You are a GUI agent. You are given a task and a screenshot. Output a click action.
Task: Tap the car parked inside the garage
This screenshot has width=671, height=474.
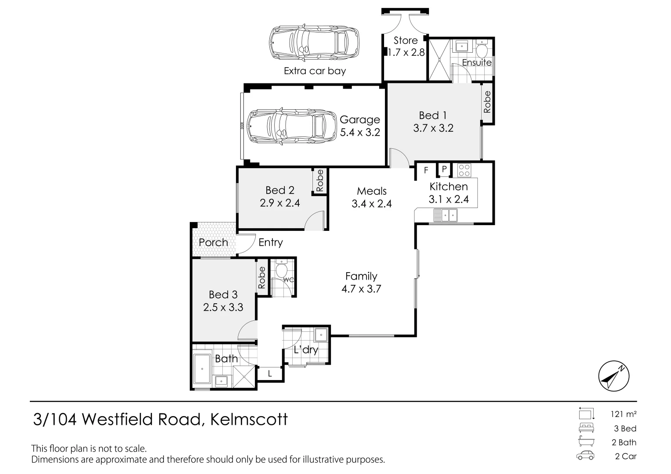click(287, 126)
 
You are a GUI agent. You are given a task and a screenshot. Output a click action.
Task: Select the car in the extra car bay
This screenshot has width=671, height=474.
click(313, 43)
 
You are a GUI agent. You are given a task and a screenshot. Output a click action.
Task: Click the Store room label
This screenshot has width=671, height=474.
click(405, 41)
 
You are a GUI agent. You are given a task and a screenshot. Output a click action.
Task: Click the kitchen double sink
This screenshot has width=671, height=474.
click(445, 215)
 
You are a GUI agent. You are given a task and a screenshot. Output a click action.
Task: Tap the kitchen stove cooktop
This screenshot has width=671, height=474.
click(464, 169)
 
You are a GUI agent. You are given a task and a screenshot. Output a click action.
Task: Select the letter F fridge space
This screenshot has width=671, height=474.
click(426, 170)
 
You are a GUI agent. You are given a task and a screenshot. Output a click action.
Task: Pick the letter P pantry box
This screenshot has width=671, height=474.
click(444, 169)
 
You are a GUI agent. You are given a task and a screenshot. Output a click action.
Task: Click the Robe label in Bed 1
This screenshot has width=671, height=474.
click(487, 102)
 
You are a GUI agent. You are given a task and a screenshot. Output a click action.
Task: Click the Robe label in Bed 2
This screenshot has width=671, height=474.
click(319, 180)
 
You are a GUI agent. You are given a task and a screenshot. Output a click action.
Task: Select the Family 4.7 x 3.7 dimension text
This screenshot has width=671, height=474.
click(361, 289)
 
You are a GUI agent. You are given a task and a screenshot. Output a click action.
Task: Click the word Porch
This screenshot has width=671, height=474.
click(213, 242)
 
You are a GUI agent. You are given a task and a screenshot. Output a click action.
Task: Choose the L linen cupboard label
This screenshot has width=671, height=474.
click(270, 374)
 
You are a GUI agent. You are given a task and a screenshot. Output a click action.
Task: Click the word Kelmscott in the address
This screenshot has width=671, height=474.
click(249, 420)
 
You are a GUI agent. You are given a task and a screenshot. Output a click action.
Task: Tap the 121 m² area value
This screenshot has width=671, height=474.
click(623, 414)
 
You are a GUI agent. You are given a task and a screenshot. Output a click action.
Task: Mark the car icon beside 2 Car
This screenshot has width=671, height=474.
click(585, 456)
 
